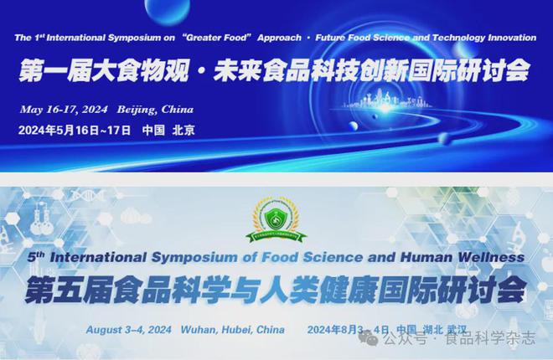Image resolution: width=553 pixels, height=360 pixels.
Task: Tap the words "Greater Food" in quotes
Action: [x=216, y=38]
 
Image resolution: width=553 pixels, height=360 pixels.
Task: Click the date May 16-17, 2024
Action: [x=64, y=110]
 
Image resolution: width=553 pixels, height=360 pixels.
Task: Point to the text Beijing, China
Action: [x=155, y=110]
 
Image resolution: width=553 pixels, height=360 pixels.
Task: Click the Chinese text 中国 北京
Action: [x=168, y=131]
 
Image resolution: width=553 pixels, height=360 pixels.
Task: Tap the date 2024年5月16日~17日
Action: [x=75, y=131]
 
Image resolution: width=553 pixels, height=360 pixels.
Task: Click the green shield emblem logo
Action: [x=276, y=221]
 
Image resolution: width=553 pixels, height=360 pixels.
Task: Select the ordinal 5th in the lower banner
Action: [x=36, y=257]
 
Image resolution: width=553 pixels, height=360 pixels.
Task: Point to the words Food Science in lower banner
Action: [x=312, y=257]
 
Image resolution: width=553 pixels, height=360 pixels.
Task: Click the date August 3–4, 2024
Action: [x=129, y=330]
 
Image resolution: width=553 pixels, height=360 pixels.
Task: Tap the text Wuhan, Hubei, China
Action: [x=232, y=330]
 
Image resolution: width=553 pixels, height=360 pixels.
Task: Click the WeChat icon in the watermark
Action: [x=368, y=339]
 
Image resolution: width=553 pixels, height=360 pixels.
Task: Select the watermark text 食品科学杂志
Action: [x=490, y=339]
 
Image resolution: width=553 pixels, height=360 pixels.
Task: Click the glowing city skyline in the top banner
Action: [x=387, y=100]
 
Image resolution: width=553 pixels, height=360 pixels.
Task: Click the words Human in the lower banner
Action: [x=426, y=257]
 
